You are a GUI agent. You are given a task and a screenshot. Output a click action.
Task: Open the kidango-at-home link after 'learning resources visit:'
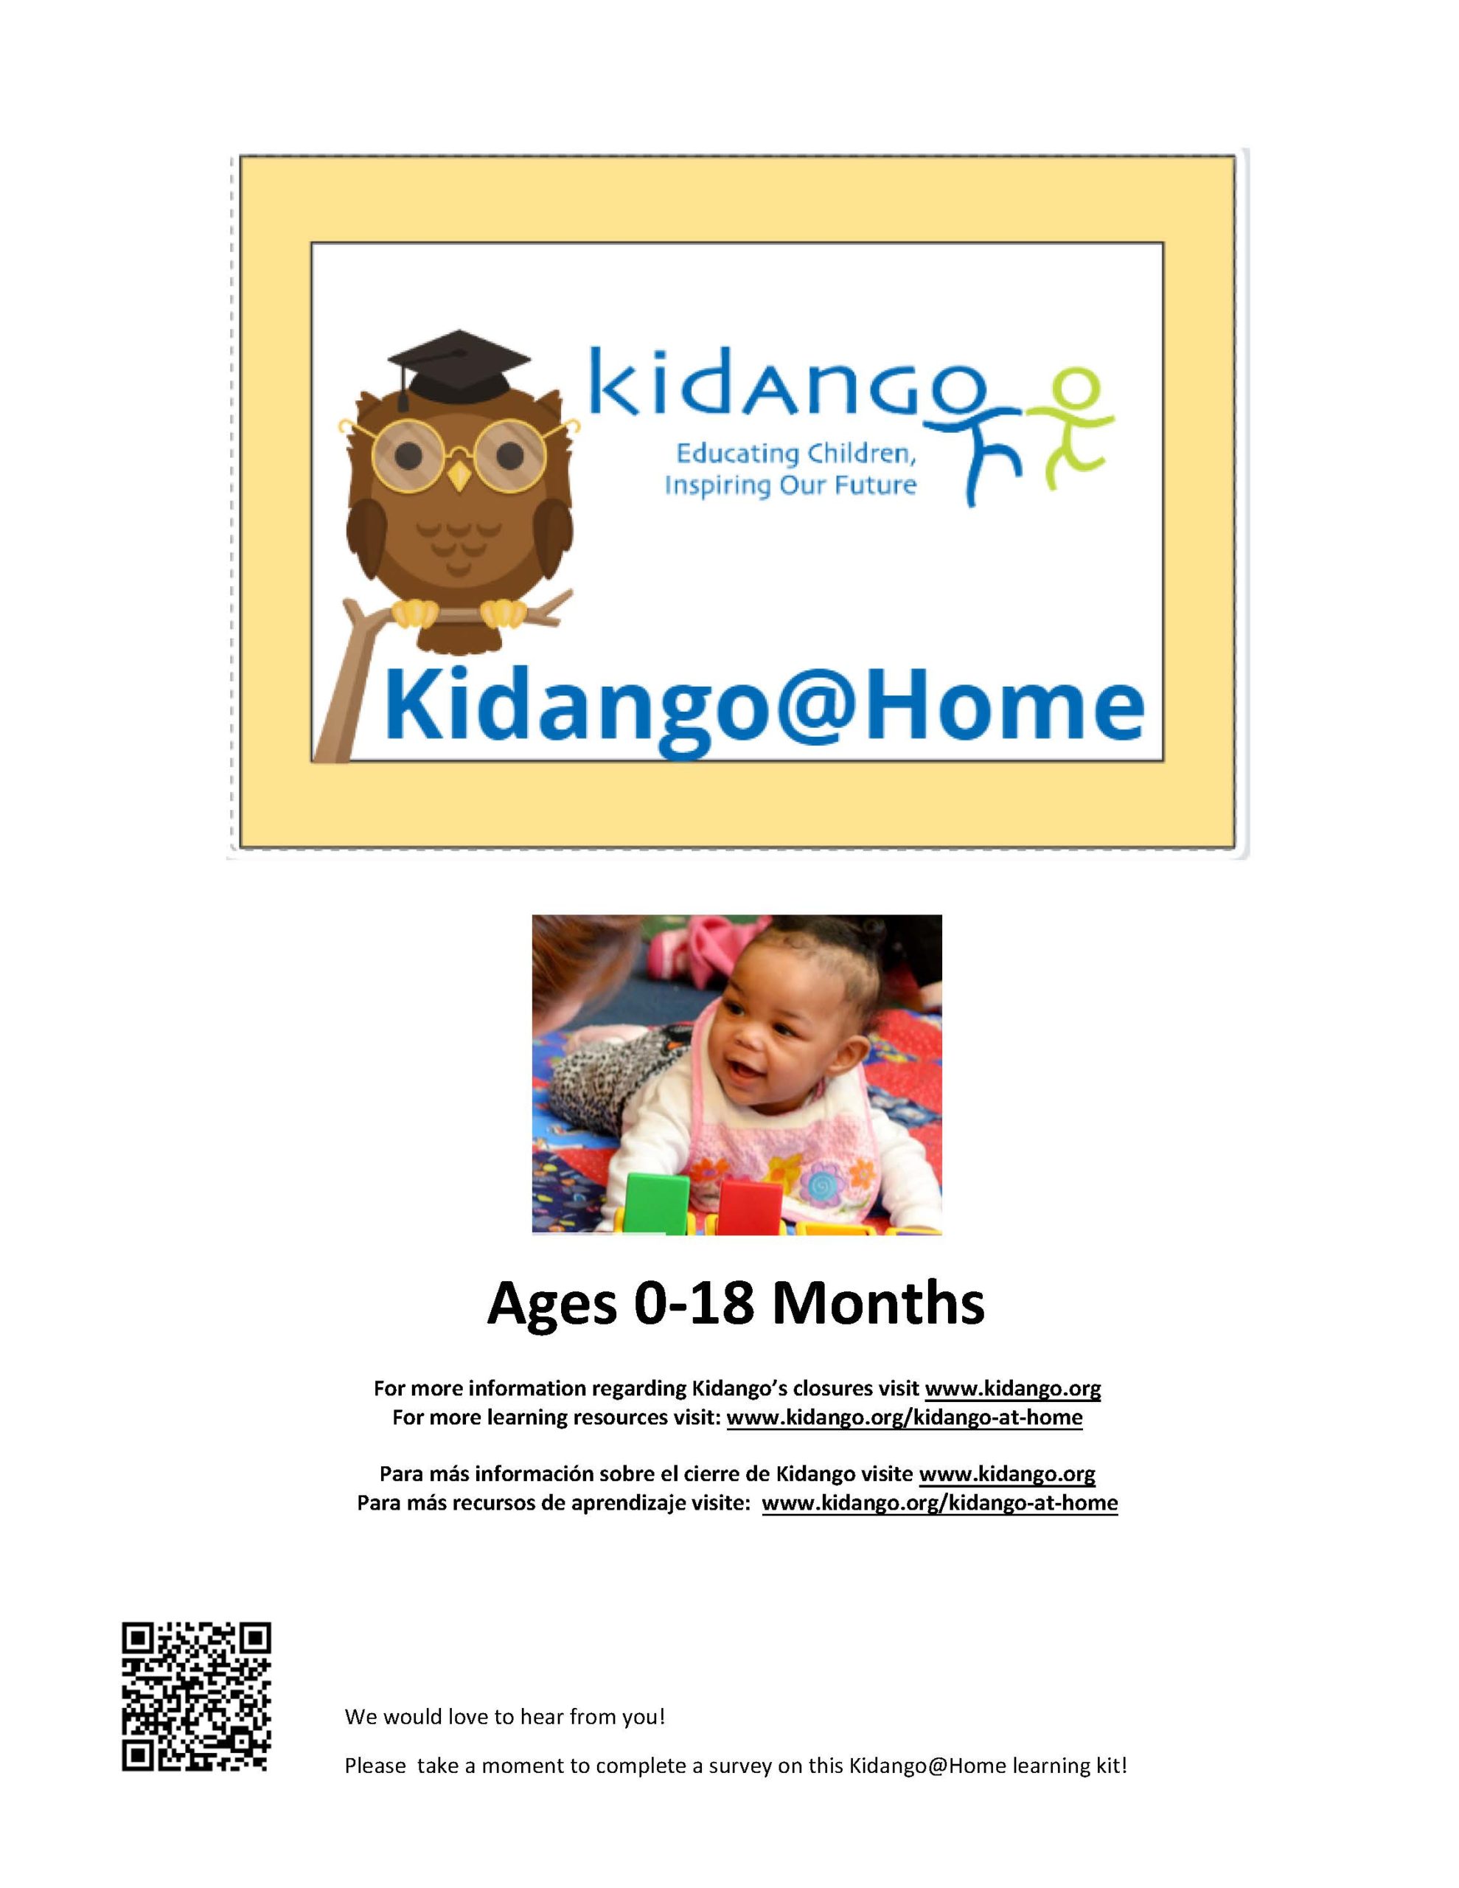tap(904, 1417)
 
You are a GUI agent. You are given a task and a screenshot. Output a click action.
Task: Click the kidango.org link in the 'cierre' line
tap(1007, 1474)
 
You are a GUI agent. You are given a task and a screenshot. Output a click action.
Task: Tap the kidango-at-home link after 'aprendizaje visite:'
tap(939, 1502)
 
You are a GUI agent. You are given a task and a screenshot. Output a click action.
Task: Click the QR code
tap(196, 1697)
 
